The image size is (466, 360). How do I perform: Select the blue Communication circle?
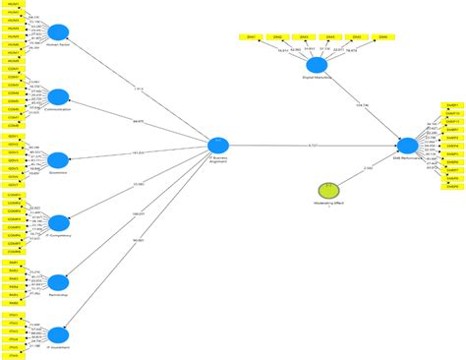tap(58, 96)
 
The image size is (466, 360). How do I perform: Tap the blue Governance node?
tap(58, 159)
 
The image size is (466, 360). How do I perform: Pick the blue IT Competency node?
tap(58, 221)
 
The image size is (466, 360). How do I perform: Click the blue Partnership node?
tap(58, 281)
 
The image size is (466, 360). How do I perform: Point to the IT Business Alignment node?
tap(218, 146)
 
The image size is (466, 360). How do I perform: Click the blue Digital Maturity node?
tap(318, 63)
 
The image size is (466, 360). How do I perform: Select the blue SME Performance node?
tap(408, 146)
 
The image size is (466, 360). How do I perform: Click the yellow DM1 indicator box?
tap(251, 37)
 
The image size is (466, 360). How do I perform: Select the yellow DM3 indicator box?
tap(304, 37)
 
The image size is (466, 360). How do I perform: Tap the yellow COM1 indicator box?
tap(14, 70)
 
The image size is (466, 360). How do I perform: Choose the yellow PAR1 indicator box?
tap(14, 262)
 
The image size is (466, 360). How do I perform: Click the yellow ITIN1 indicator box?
tap(14, 315)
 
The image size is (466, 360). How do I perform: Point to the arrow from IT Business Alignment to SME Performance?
tap(313, 146)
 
